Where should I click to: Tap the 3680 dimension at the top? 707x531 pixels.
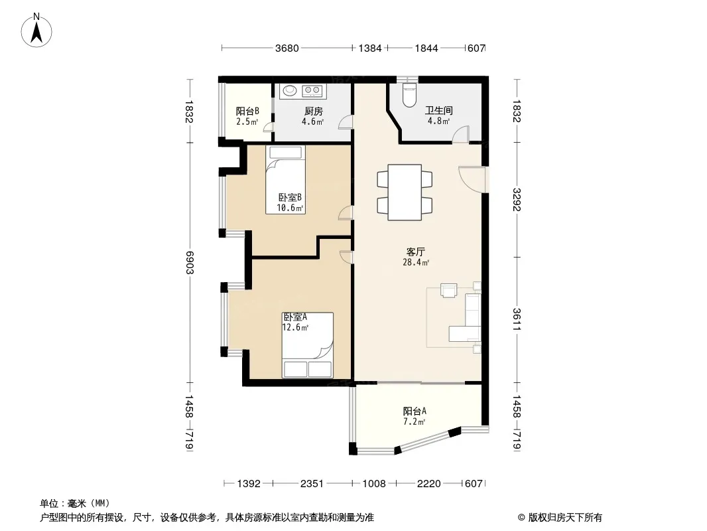click(287, 48)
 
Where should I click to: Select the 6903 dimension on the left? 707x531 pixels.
click(190, 263)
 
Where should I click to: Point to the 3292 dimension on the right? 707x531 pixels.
click(517, 199)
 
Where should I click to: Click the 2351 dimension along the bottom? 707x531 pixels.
click(312, 484)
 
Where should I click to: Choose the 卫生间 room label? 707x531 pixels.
click(438, 111)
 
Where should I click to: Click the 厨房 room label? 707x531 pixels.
click(313, 111)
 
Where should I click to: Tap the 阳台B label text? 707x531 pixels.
click(247, 111)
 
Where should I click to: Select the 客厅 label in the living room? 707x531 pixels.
click(415, 252)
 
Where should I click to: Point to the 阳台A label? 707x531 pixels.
click(415, 411)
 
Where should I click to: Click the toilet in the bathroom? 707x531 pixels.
click(409, 95)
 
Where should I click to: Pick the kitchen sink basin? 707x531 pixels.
click(289, 91)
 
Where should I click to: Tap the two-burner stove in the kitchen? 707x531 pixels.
click(312, 91)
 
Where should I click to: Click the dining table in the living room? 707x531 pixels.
click(405, 192)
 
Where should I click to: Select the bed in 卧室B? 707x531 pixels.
click(285, 180)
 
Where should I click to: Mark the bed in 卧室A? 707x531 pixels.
click(308, 345)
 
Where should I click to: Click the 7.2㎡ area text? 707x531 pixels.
click(414, 422)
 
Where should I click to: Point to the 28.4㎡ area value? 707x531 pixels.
click(416, 262)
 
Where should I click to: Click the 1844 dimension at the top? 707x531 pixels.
click(426, 48)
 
